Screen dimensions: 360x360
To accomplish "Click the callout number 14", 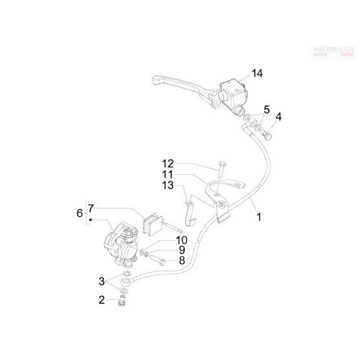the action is [257, 73].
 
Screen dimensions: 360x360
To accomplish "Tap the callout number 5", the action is [267, 109].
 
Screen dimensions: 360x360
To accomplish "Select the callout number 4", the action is [278, 117].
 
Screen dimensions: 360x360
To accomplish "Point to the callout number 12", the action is [168, 164].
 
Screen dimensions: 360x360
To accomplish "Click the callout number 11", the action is [168, 174].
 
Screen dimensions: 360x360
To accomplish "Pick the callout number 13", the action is [168, 185].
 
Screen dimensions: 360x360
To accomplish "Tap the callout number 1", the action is [259, 217].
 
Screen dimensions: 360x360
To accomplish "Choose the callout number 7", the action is [91, 208].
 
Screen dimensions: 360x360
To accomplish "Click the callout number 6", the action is [80, 213].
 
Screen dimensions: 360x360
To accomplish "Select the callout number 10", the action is [181, 240].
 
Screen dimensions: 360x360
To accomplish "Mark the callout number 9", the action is [182, 250].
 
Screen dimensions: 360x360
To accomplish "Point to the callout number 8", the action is [182, 260].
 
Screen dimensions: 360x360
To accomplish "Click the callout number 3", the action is [102, 281].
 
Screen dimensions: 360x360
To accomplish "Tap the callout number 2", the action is [102, 300].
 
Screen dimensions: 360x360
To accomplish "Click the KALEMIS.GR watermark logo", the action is [335, 51].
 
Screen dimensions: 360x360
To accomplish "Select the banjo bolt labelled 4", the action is [266, 135].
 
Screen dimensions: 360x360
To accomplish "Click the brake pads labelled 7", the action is [153, 225].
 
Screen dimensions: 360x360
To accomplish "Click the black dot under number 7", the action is [91, 220].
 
